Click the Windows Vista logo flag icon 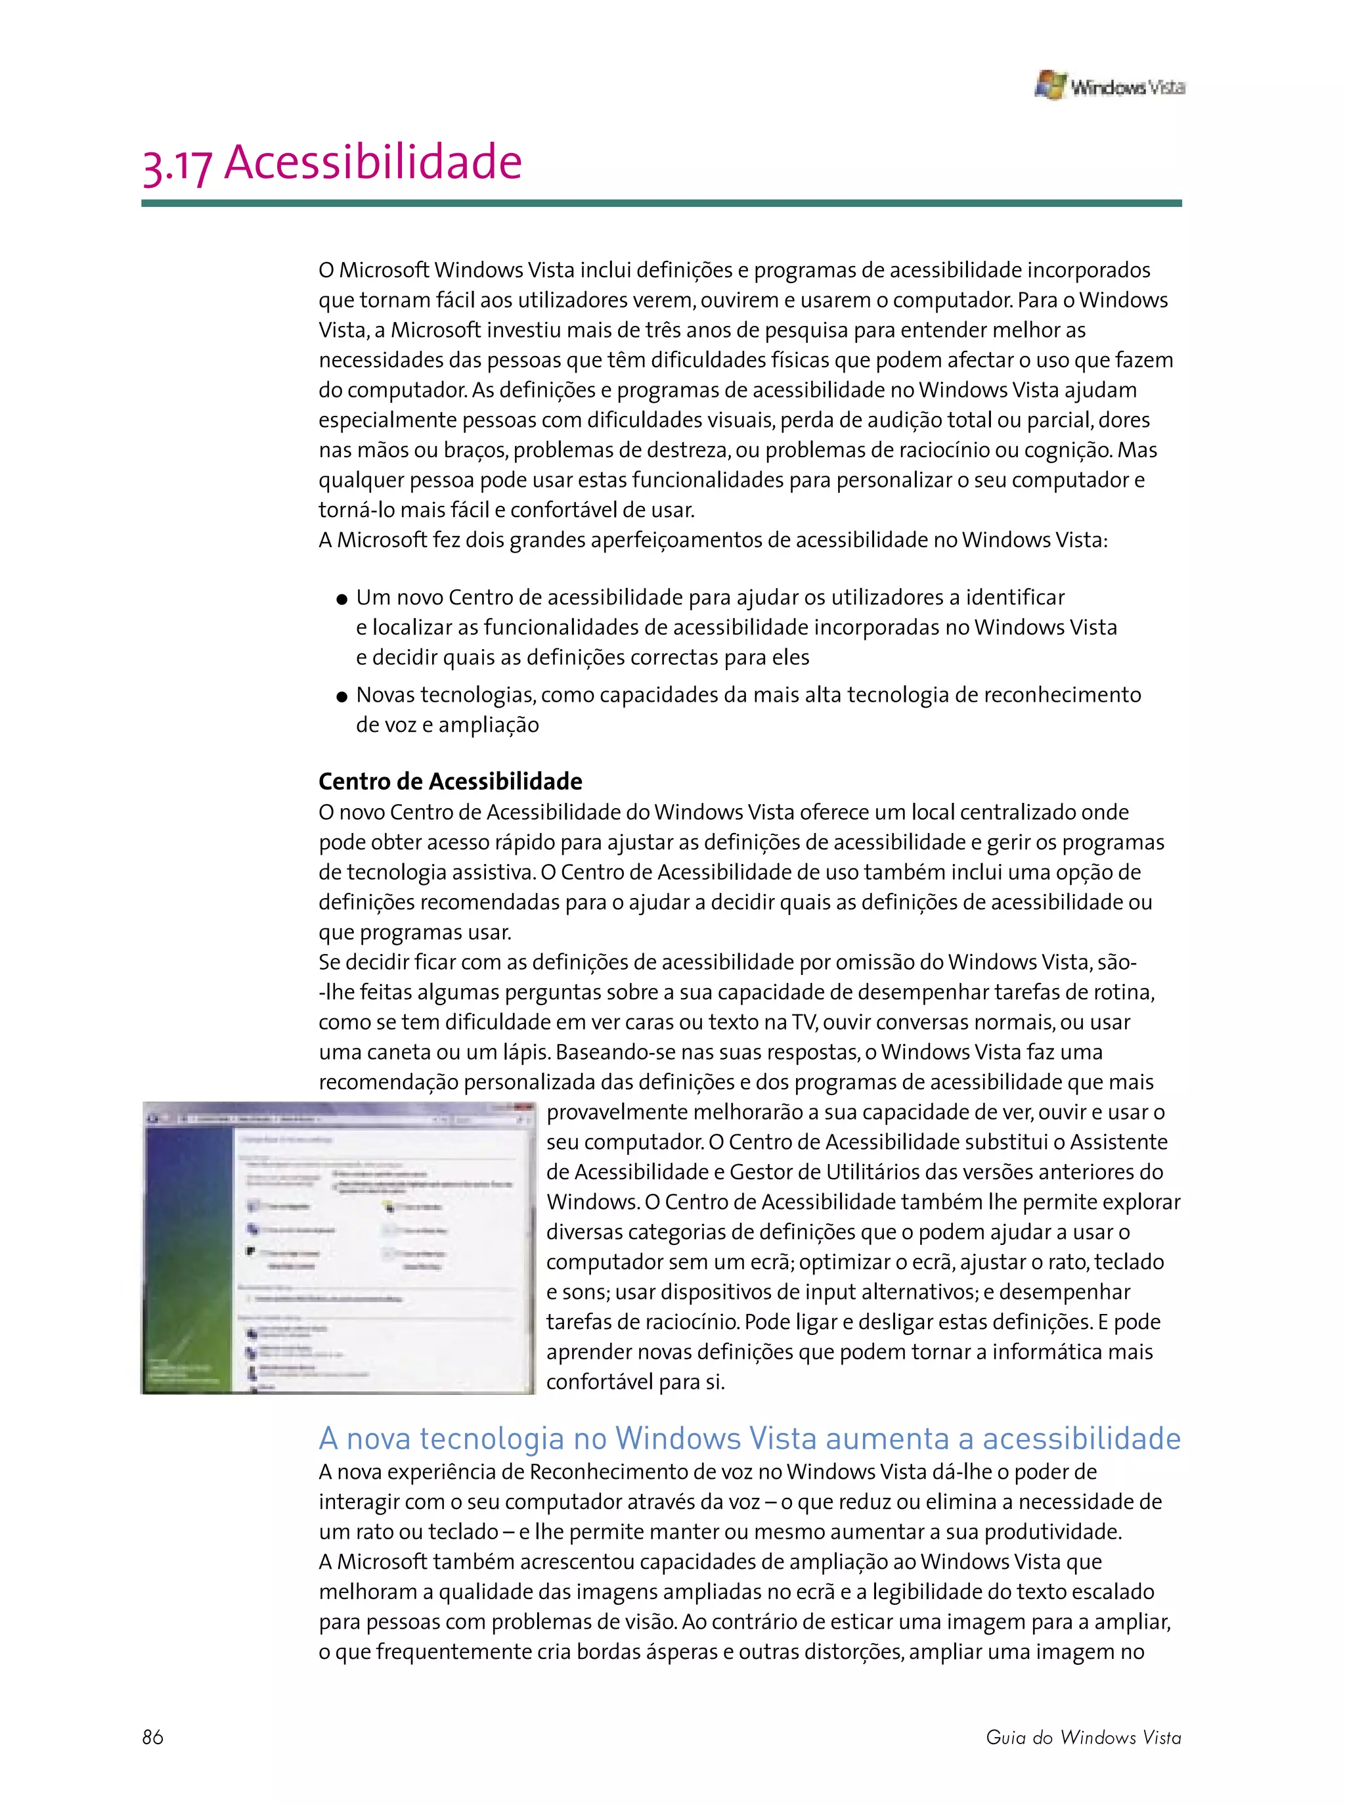(x=1050, y=85)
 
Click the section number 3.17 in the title (x=177, y=166)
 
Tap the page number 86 (x=152, y=1737)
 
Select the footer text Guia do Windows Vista (x=1083, y=1737)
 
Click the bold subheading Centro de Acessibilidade (x=451, y=782)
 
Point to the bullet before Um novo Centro (x=342, y=600)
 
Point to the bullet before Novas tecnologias (x=342, y=697)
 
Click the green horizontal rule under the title (x=661, y=204)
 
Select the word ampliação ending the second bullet (x=489, y=725)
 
